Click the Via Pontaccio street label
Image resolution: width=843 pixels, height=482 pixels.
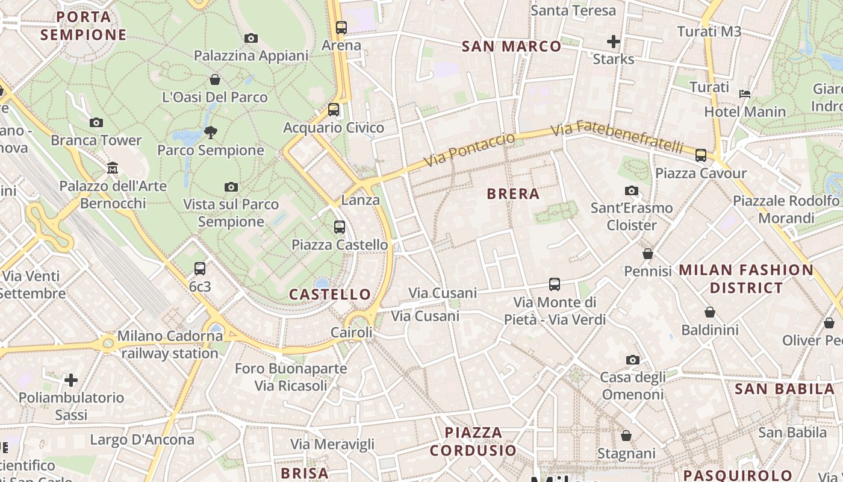(470, 150)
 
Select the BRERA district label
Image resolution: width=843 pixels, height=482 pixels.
(512, 194)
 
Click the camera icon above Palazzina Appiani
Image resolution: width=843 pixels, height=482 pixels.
(251, 38)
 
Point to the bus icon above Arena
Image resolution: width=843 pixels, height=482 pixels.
(341, 27)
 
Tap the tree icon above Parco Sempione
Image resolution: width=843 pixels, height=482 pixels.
(211, 132)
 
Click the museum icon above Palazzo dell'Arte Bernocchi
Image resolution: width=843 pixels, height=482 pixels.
(113, 167)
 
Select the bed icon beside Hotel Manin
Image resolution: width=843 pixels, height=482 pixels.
(745, 93)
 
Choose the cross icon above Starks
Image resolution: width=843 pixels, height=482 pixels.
(614, 42)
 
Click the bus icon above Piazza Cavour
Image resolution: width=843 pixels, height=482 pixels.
(701, 155)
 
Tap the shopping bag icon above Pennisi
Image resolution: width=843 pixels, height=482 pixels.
(648, 254)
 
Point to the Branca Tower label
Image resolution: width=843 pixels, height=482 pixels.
(96, 140)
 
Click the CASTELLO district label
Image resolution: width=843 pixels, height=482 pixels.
(330, 295)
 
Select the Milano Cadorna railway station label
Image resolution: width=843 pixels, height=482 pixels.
(170, 345)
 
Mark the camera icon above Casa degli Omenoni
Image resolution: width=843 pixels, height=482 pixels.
(633, 360)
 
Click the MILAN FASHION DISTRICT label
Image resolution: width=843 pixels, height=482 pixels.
(746, 279)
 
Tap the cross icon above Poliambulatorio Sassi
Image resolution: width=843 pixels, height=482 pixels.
(71, 380)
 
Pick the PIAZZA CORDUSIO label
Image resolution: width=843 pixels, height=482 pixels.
(473, 441)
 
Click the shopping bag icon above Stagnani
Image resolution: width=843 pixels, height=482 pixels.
(626, 436)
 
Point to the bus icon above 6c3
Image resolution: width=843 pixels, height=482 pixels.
(200, 268)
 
